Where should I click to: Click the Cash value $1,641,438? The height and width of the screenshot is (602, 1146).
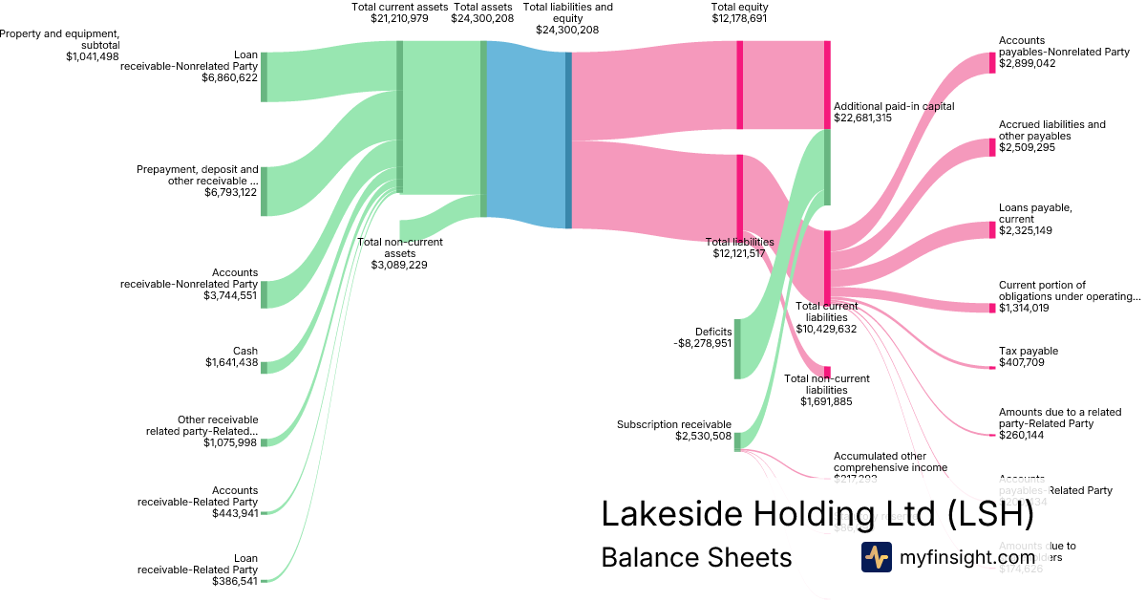231,362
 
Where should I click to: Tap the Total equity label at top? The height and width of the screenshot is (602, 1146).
739,7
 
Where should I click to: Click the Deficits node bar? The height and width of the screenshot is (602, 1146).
737,349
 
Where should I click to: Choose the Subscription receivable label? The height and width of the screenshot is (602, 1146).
674,424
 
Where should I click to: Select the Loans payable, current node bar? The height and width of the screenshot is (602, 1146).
991,230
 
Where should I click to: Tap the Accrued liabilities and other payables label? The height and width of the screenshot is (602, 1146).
1051,130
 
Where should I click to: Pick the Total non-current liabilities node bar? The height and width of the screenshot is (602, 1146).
827,372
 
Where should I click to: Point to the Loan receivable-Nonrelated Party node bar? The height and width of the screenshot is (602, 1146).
265,76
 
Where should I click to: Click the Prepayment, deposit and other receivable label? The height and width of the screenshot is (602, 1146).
198,175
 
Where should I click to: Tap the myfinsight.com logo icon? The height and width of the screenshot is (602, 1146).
876,557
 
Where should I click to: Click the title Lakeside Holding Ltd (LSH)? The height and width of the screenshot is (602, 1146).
817,514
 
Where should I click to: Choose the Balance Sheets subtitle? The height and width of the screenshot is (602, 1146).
696,557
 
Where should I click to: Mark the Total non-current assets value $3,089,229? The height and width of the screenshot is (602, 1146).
399,265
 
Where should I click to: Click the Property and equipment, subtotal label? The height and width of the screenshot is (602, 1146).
60,39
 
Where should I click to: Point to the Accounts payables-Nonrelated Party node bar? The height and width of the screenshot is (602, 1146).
991,63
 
